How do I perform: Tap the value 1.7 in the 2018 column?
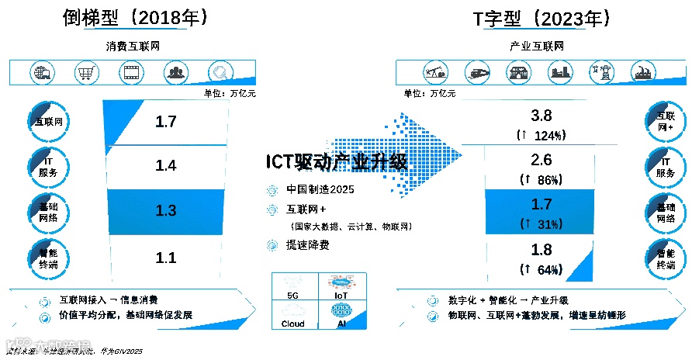(x=166, y=121)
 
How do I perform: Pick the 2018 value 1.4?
(x=166, y=165)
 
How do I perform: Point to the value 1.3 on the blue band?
(x=166, y=210)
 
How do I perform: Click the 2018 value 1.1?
(x=166, y=258)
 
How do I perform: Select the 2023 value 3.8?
(x=541, y=116)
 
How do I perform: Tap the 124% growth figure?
(x=541, y=136)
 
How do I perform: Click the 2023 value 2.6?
(x=541, y=160)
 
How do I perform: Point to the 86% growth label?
(x=541, y=180)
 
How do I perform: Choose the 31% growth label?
(x=541, y=225)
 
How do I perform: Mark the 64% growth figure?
(x=541, y=270)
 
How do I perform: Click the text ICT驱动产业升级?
(x=337, y=161)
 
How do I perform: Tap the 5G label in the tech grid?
(x=292, y=295)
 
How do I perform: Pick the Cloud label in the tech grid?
(x=292, y=324)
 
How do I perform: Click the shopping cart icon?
(x=86, y=74)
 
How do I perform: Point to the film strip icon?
(x=130, y=74)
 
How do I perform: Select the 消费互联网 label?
(x=133, y=47)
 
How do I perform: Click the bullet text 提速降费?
(x=308, y=245)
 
